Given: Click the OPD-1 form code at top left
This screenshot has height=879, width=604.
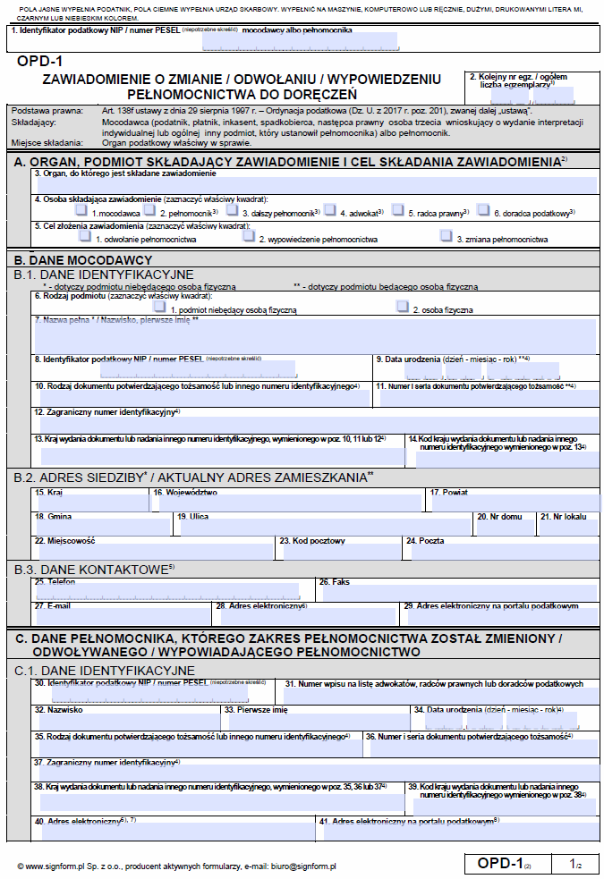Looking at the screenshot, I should click(40, 62).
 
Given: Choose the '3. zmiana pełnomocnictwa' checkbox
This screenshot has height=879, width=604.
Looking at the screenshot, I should click(446, 237).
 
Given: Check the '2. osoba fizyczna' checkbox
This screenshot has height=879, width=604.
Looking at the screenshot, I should click(403, 307).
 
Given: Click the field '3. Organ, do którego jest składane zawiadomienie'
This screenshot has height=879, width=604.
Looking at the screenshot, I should click(313, 183).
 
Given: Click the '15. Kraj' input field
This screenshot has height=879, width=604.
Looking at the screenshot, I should click(89, 501).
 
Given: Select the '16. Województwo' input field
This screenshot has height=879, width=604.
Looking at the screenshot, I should click(286, 501).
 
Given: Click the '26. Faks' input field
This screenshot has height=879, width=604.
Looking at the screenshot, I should click(456, 591).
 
